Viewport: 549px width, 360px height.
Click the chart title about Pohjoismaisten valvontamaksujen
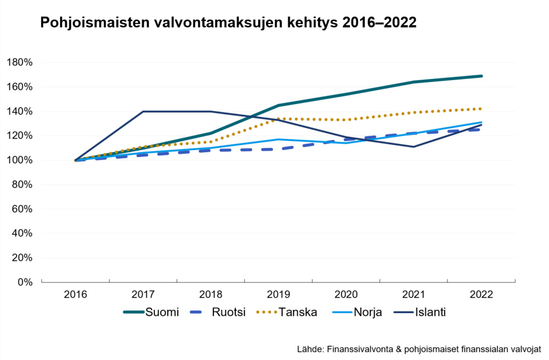click(x=227, y=23)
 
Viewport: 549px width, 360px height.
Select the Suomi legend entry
click(x=162, y=312)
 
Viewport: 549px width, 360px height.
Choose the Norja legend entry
click(x=367, y=312)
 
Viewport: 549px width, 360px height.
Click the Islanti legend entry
click(x=430, y=312)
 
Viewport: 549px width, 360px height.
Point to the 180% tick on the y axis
click(x=20, y=62)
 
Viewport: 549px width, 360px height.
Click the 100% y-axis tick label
click(x=20, y=160)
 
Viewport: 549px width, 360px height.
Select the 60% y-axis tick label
click(x=22, y=209)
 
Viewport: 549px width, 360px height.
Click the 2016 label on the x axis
click(x=75, y=294)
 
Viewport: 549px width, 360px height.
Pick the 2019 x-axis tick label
click(x=278, y=294)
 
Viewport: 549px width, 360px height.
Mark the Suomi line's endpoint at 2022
click(x=482, y=76)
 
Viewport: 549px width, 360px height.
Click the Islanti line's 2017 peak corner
click(x=143, y=111)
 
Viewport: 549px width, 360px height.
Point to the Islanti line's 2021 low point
click(x=414, y=147)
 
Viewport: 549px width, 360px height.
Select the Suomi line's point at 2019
click(x=278, y=105)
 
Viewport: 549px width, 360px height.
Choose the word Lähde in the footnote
click(x=309, y=349)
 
